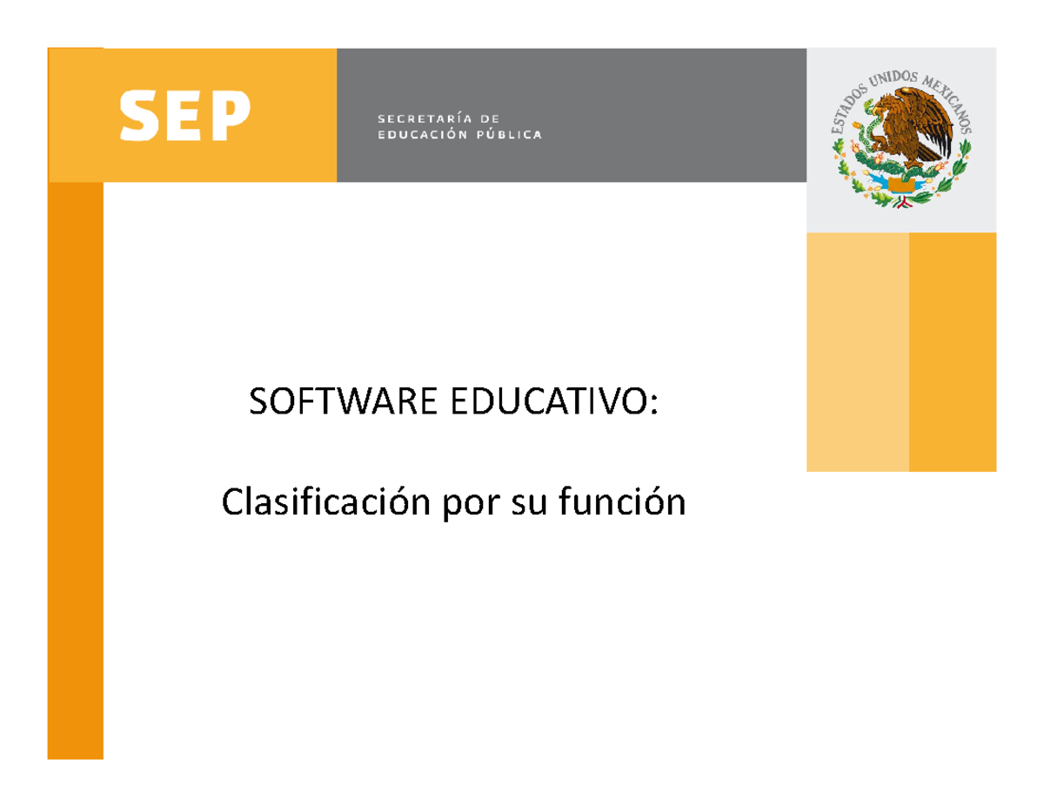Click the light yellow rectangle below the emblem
[857, 352]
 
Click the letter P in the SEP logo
[231, 116]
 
